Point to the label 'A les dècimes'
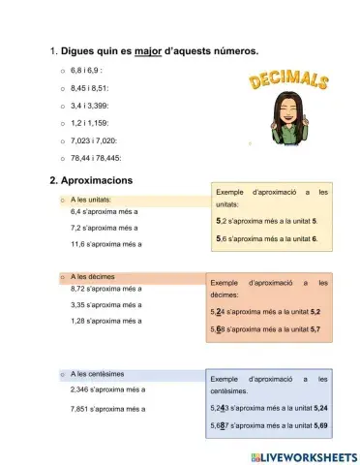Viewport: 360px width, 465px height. pyautogui.click(x=93, y=276)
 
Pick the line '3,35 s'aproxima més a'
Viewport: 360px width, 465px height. pyautogui.click(x=106, y=304)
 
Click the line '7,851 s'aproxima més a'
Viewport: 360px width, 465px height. pyautogui.click(x=108, y=409)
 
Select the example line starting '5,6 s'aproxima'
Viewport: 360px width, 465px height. pyautogui.click(x=274, y=238)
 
